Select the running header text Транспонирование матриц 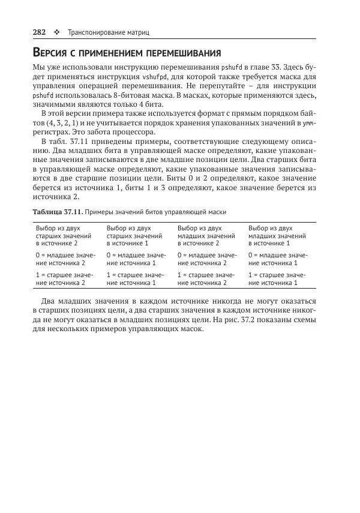pyautogui.click(x=108, y=31)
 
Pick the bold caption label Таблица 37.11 pyautogui.click(x=57, y=212)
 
